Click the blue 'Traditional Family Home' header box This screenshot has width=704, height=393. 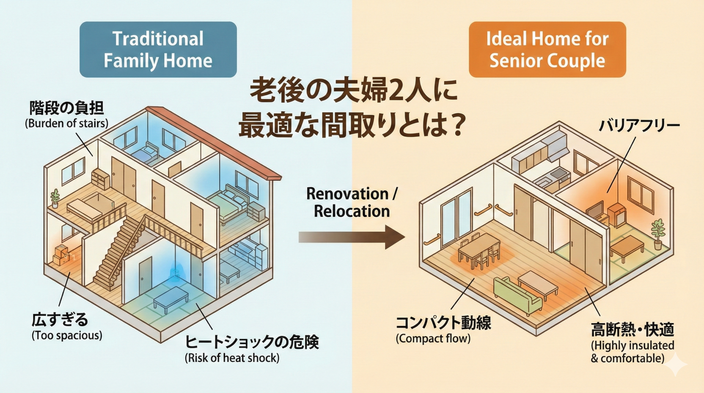(158, 50)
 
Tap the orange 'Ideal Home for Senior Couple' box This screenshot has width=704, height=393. (547, 50)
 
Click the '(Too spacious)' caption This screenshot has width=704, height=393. (67, 336)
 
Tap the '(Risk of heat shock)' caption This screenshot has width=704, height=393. (232, 358)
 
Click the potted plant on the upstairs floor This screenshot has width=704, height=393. (55, 198)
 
